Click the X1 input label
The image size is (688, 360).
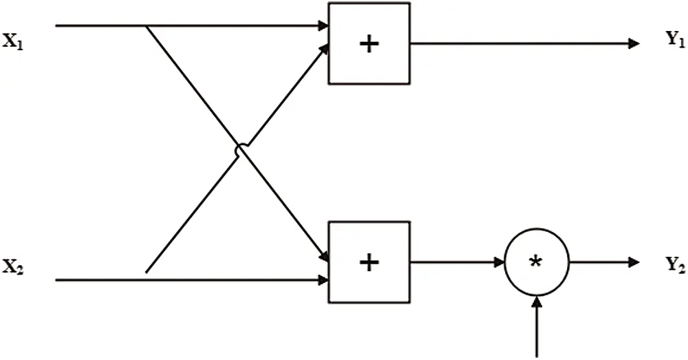pyautogui.click(x=12, y=43)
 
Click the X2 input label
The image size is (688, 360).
pyautogui.click(x=12, y=266)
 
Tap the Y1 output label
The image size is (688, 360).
pyautogui.click(x=676, y=39)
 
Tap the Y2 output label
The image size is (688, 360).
pyautogui.click(x=676, y=265)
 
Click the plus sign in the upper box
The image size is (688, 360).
pyautogui.click(x=369, y=44)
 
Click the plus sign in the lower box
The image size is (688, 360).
pyautogui.click(x=369, y=262)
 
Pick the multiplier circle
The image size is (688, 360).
pyautogui.click(x=504, y=262)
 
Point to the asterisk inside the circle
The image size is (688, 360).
pyautogui.click(x=536, y=262)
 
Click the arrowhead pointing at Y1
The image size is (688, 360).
pyautogui.click(x=634, y=43)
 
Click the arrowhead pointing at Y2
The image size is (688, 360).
pyautogui.click(x=634, y=262)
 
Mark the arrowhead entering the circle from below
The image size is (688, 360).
pyautogui.click(x=536, y=302)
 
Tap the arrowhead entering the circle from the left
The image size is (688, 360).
pyautogui.click(x=499, y=262)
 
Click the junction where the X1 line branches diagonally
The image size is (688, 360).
pyautogui.click(x=147, y=26)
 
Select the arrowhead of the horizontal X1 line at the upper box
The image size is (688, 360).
pyautogui.click(x=323, y=26)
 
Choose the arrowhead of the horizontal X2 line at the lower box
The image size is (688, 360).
pyautogui.click(x=323, y=279)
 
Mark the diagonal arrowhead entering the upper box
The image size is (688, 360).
pyautogui.click(x=324, y=48)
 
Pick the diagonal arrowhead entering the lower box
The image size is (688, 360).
pyautogui.click(x=324, y=256)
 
